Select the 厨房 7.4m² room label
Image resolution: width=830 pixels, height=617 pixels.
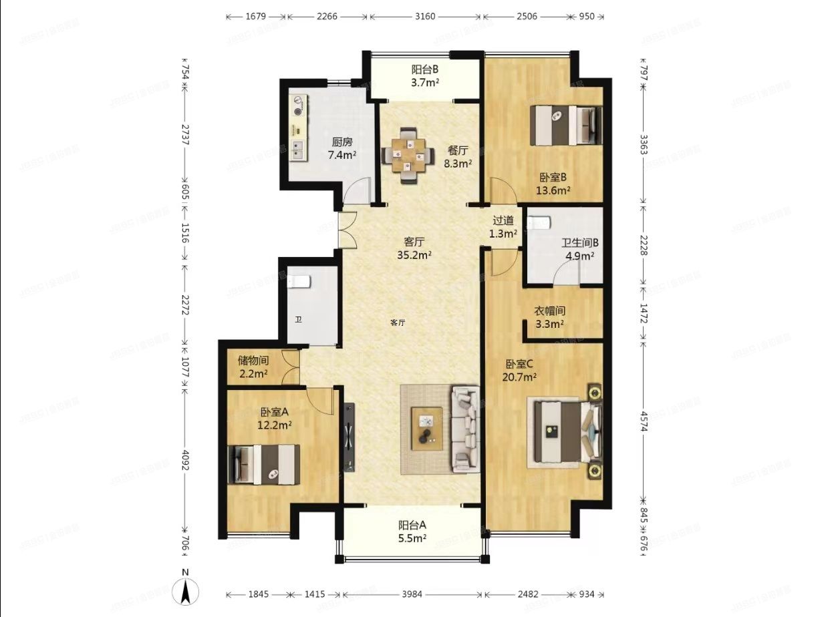(341, 148)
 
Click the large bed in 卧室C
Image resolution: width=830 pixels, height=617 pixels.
(565, 432)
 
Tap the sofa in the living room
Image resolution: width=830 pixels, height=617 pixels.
(465, 430)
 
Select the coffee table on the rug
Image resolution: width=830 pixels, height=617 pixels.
(427, 428)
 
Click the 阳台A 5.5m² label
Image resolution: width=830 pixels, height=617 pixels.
(412, 531)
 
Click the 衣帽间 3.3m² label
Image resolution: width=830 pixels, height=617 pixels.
(550, 317)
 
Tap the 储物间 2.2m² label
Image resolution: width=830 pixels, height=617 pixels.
(253, 367)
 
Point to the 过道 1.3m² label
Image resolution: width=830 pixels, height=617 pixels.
(503, 227)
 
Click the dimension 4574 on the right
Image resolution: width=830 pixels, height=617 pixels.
(644, 419)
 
